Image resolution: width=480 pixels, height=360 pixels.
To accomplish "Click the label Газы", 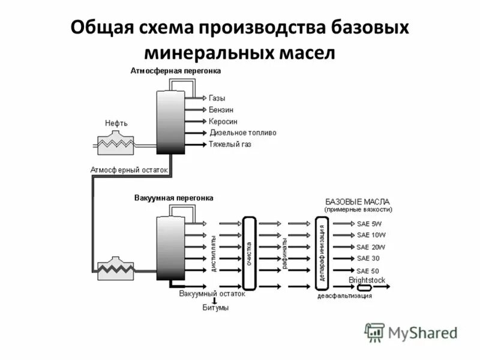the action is (x=217, y=98).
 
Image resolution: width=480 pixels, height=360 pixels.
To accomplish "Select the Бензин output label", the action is (x=221, y=110).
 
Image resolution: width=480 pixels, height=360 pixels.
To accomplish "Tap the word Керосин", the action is (x=223, y=121).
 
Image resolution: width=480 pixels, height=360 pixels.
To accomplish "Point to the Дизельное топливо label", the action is (x=243, y=133).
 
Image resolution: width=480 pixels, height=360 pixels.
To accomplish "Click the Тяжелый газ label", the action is (x=230, y=145).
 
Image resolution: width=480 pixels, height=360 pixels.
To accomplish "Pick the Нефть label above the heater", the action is (x=116, y=123).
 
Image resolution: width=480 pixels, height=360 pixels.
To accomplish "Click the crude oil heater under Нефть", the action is (x=116, y=142).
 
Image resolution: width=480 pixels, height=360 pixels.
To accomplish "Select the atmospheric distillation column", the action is (x=170, y=122).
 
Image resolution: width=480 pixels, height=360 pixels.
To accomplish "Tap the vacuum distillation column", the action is (x=170, y=248).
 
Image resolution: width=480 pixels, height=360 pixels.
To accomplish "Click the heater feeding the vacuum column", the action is (x=116, y=268).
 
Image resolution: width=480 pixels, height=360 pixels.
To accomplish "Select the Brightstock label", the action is (x=367, y=280).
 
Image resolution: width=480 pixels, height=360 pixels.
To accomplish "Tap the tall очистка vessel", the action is (x=250, y=253).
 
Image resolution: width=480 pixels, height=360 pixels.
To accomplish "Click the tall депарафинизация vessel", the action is (x=322, y=253).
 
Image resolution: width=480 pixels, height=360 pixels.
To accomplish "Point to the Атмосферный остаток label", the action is (x=129, y=170).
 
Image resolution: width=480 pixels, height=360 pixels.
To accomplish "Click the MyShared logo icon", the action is (x=375, y=332).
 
